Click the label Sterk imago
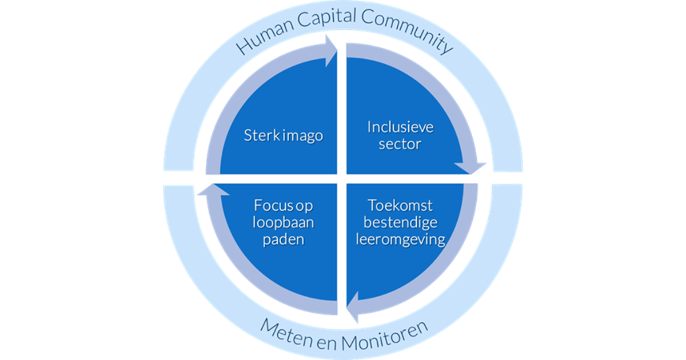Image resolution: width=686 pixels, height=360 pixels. click(x=283, y=136)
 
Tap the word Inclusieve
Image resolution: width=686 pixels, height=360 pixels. click(x=400, y=127)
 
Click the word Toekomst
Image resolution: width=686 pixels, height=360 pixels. click(x=400, y=205)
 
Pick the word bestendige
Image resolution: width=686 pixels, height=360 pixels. click(x=400, y=222)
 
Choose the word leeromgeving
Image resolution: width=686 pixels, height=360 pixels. click(x=400, y=239)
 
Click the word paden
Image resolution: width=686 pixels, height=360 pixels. click(x=284, y=239)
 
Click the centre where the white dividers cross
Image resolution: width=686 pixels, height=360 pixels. click(x=342, y=178)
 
